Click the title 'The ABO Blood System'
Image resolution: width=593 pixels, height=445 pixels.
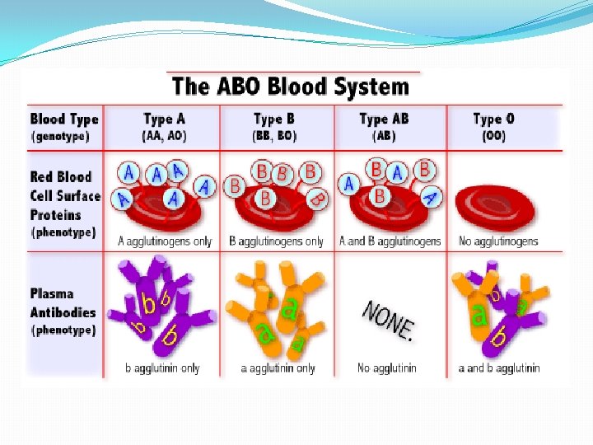coord(289,87)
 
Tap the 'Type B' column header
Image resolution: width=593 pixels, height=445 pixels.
coord(274,119)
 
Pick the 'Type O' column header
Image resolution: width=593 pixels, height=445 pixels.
coord(494,119)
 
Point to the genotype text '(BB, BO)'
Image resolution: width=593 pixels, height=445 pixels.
coord(274,136)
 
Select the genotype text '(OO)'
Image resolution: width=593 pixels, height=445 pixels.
coord(494,136)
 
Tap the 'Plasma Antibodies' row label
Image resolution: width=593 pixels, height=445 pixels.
coord(63,302)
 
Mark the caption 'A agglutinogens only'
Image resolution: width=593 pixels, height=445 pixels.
coord(164,241)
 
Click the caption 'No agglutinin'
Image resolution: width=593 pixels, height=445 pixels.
coord(387,368)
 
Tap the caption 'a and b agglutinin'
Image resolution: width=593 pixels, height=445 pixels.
coord(499,368)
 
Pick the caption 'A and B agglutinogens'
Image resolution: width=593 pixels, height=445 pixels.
coord(390,241)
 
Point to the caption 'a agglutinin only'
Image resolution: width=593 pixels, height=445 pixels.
coord(278,368)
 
